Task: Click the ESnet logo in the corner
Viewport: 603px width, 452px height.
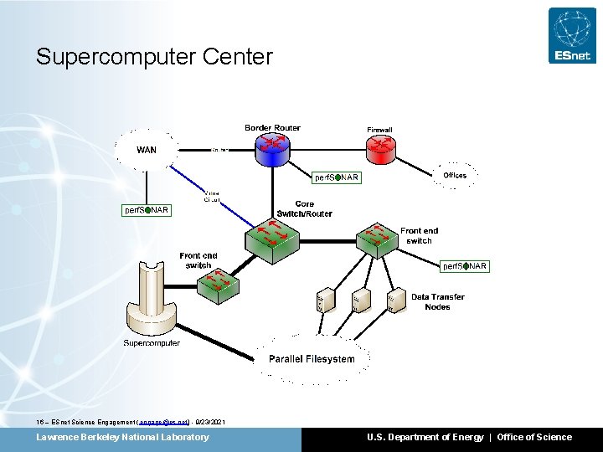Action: (x=572, y=35)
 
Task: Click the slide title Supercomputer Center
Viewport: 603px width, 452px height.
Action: (x=154, y=57)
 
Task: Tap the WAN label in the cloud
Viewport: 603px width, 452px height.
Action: (x=147, y=151)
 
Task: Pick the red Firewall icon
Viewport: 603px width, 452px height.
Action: (x=381, y=149)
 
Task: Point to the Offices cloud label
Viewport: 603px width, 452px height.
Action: (x=455, y=175)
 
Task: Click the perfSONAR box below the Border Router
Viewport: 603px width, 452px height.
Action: (x=336, y=177)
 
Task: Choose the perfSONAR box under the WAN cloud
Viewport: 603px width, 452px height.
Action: (x=147, y=210)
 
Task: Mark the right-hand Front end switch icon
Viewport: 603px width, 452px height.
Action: (x=376, y=239)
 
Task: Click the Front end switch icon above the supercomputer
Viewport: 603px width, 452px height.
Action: (x=219, y=285)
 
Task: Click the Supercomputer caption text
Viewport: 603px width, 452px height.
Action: (x=152, y=343)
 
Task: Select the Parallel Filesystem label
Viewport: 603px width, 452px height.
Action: (x=312, y=359)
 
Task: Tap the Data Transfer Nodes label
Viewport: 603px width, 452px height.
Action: (x=437, y=301)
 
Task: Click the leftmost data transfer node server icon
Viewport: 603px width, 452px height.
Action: (x=322, y=301)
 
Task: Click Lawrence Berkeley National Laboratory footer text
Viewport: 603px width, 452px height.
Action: (x=122, y=437)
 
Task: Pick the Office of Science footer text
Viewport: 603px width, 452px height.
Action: (x=534, y=437)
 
